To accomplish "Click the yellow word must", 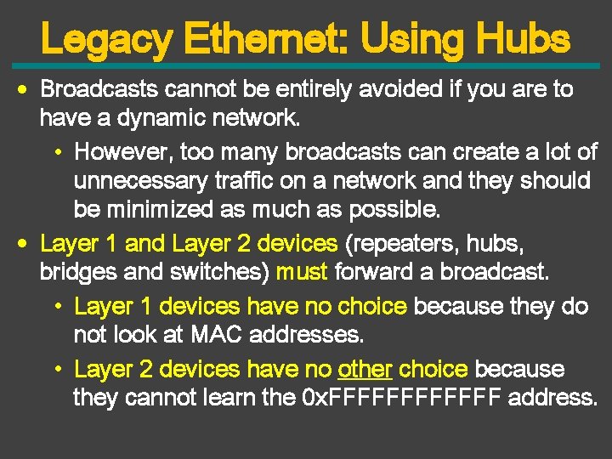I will click(x=303, y=273).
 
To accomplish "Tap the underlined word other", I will click(x=365, y=369).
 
